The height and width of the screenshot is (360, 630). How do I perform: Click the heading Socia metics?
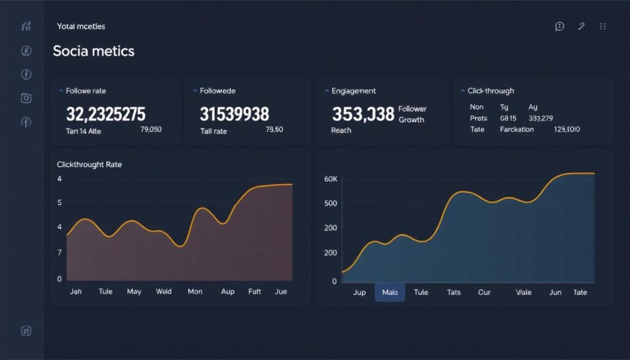(x=94, y=51)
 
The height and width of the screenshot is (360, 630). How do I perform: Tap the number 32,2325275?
(x=105, y=114)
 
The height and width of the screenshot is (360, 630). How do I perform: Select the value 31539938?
(x=234, y=114)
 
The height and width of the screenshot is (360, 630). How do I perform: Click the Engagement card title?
(x=353, y=91)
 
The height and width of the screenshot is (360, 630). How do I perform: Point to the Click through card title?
(x=490, y=91)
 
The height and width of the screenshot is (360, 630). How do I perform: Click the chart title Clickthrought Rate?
(x=89, y=165)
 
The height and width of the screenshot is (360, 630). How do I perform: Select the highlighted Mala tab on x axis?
(x=389, y=292)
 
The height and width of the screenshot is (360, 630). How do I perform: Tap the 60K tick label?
(x=330, y=179)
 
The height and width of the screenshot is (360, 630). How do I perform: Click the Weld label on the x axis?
(x=164, y=292)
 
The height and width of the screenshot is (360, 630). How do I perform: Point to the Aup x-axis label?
(x=228, y=292)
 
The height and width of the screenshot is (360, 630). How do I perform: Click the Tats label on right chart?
(x=453, y=292)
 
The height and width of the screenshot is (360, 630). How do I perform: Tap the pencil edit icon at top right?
(x=581, y=26)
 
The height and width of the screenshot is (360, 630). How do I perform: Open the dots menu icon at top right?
(x=602, y=26)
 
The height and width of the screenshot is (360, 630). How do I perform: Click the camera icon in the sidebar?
(x=26, y=98)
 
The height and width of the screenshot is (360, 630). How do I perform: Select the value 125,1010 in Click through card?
(x=567, y=130)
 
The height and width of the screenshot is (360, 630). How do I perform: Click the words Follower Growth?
(x=412, y=114)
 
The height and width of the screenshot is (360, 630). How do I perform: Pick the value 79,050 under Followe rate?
(x=151, y=130)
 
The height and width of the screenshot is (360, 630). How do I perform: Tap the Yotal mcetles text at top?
(x=81, y=26)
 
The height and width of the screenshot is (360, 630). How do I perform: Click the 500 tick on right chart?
(x=330, y=203)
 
